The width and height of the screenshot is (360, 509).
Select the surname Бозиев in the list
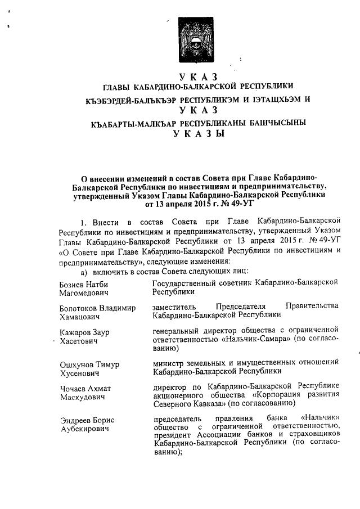point(73,285)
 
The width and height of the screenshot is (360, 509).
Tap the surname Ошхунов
point(77,364)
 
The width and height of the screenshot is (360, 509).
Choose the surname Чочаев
point(74,388)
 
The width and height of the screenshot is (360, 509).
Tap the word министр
point(171,363)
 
